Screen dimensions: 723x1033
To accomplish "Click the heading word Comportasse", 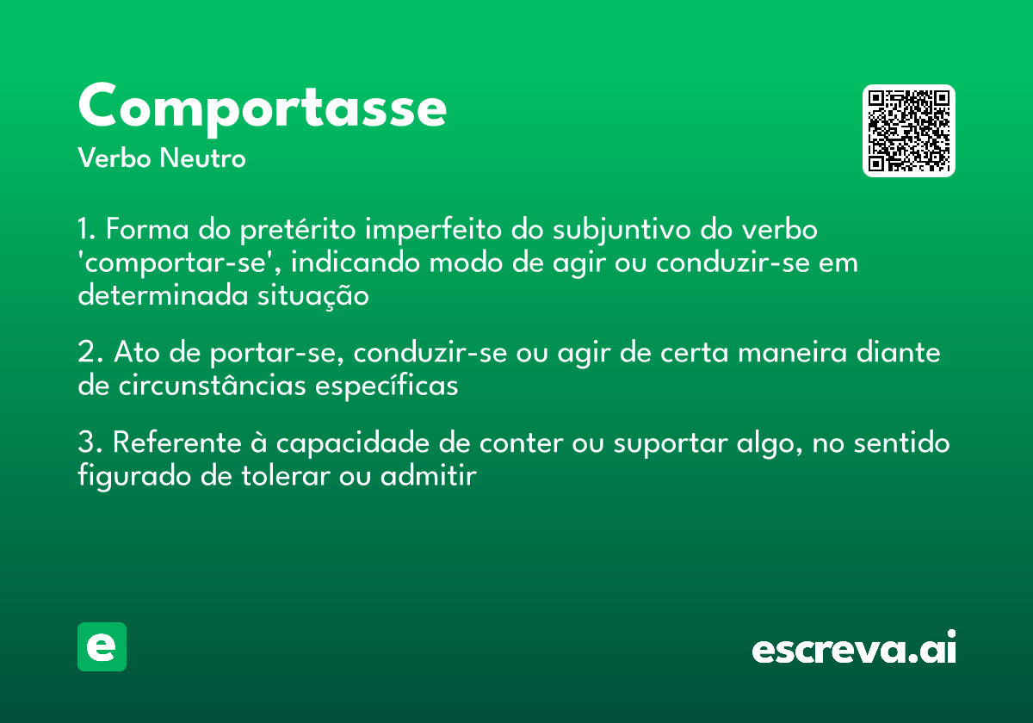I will [262, 108].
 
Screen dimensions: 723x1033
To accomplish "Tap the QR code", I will [909, 131].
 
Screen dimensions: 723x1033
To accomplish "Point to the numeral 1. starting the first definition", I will [88, 231].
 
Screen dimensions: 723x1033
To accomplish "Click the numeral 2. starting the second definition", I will [90, 354].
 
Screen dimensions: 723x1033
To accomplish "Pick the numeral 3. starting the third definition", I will [90, 443].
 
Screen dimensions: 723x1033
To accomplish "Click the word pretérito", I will [300, 231].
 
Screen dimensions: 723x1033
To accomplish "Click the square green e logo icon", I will [102, 646].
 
